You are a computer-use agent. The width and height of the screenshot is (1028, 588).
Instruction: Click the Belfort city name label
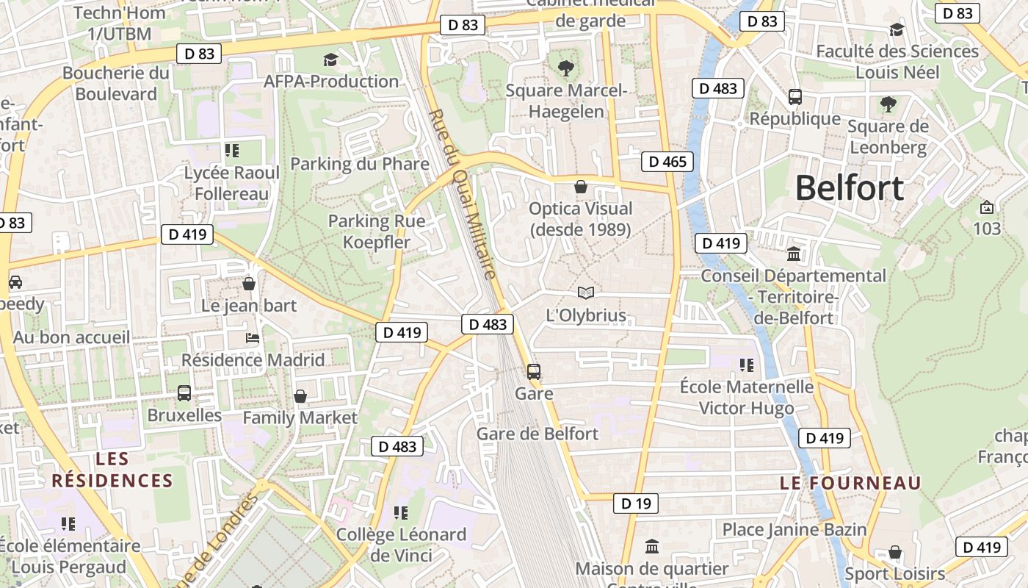pos(849,188)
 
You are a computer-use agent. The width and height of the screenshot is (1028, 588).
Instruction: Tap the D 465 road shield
pos(667,162)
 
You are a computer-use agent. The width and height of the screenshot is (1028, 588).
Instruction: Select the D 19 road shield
pos(635,503)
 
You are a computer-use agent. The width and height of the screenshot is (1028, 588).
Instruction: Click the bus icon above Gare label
pos(534,371)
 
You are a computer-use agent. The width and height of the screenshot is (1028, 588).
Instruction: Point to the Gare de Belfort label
pos(537,434)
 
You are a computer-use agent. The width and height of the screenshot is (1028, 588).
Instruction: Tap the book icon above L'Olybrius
pos(585,293)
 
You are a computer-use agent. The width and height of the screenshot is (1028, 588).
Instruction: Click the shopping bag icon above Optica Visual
pos(581,187)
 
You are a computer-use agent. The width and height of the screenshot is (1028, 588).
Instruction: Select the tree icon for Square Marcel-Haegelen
pos(565,68)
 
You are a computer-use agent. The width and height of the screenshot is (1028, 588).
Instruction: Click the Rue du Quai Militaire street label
pos(463,195)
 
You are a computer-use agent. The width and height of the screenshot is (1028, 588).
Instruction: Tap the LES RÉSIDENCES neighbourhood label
pos(112,470)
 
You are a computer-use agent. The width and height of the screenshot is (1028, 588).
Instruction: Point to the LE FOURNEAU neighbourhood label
pos(850,483)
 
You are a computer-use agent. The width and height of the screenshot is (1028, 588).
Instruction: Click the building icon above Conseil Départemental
pos(794,254)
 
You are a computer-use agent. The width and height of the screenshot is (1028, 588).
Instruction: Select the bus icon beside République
pos(794,96)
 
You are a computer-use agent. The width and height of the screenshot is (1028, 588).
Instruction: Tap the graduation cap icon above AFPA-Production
pos(330,60)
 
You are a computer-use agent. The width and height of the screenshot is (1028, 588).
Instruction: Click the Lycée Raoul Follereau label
pos(231,183)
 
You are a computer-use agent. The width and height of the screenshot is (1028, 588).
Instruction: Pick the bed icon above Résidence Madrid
pos(252,338)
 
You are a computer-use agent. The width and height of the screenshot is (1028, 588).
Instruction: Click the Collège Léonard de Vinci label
pos(401,545)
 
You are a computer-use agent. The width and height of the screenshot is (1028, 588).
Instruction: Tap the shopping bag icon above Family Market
pos(300,397)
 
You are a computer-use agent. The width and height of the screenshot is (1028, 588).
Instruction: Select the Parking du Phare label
pos(360,163)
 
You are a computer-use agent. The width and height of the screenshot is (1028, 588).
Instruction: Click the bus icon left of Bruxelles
pos(184,393)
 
